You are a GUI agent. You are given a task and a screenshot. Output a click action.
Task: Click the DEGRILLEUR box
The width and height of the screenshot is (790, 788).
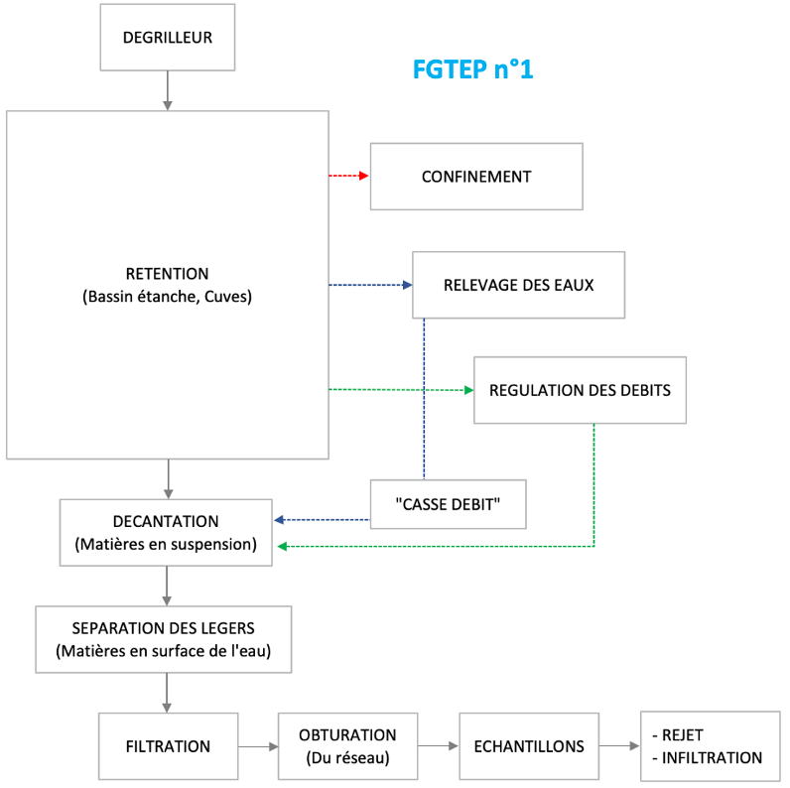(167, 39)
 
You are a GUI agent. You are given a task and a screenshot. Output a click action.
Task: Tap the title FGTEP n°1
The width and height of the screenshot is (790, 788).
(472, 70)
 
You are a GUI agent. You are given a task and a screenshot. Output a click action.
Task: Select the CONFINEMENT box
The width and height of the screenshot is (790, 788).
(476, 177)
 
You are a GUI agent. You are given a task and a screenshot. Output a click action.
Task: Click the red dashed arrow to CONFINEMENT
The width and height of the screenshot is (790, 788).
(348, 177)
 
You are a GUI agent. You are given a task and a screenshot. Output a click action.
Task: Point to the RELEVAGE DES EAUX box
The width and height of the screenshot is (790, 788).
(518, 285)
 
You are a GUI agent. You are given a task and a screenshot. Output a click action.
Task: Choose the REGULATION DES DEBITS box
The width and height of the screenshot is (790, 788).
(580, 390)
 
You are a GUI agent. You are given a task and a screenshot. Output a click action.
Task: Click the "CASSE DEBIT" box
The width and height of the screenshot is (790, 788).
(447, 504)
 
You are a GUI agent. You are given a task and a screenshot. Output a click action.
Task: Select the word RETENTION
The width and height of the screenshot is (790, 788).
(167, 274)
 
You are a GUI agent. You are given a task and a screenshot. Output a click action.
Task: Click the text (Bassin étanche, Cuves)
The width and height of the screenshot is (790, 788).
(167, 296)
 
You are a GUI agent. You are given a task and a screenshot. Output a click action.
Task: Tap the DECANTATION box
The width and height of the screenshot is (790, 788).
(166, 532)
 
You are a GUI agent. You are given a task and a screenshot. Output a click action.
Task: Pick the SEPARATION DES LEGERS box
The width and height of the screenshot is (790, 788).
(164, 639)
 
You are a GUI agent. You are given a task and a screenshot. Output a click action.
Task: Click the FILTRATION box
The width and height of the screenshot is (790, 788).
(168, 746)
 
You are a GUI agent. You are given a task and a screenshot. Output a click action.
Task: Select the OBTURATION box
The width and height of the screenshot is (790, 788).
(347, 746)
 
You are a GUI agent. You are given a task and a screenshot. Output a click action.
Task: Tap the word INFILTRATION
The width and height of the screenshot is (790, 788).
(711, 758)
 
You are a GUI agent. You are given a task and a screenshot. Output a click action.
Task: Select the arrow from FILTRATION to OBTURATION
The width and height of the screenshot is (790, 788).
(258, 746)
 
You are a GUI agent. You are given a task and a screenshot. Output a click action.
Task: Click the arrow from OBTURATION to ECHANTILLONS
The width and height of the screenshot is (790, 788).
(438, 746)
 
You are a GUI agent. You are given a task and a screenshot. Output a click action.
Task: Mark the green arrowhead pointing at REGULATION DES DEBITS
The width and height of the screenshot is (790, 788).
(469, 390)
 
